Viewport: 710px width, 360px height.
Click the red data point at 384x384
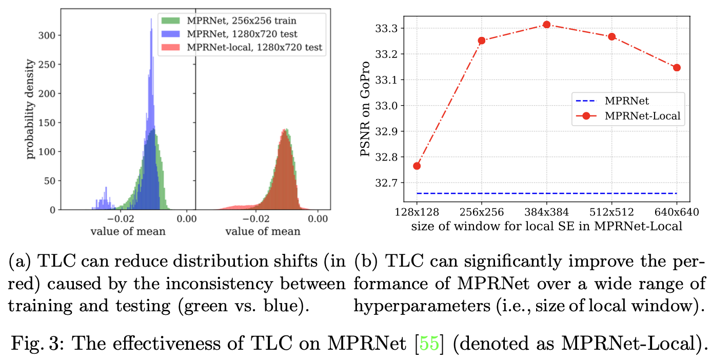tap(546, 24)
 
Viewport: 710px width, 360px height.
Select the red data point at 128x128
tap(417, 166)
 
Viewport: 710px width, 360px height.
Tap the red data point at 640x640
tap(677, 67)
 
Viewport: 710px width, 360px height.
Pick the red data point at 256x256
tap(482, 40)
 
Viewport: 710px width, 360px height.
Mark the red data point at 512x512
tap(612, 36)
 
